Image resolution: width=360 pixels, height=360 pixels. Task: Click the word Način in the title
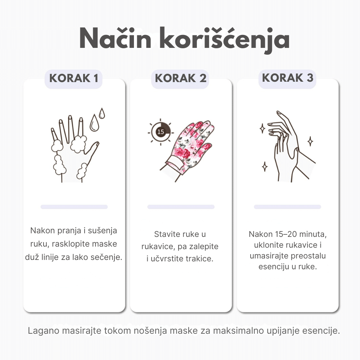[x=115, y=39]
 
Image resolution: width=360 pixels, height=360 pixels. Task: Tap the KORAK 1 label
[x=74, y=78]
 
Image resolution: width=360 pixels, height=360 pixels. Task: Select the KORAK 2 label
[x=180, y=78]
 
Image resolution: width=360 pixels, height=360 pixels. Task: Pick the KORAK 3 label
[x=287, y=78]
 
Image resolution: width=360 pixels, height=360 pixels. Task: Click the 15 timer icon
[x=161, y=132]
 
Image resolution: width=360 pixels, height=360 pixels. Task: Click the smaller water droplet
[x=102, y=113]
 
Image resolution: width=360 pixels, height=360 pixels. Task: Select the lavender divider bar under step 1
[x=74, y=207]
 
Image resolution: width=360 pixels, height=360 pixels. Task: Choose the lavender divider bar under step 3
[x=287, y=207]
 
